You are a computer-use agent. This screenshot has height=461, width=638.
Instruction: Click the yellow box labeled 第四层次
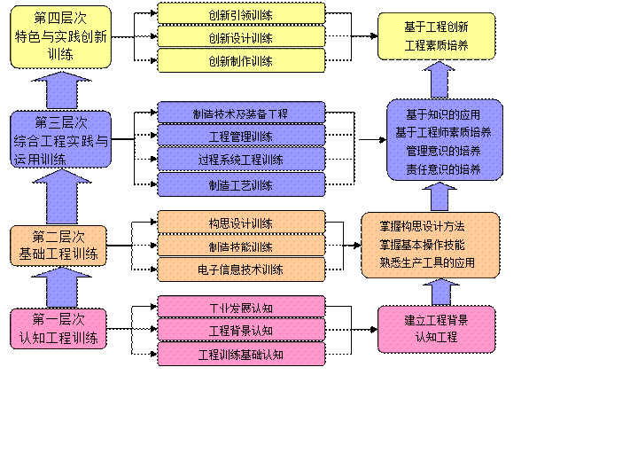point(60,37)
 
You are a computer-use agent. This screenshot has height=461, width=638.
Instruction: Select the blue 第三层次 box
point(60,140)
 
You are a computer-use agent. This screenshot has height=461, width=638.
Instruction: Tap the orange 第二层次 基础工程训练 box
point(58,246)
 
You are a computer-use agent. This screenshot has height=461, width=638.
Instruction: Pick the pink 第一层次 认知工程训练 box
point(58,328)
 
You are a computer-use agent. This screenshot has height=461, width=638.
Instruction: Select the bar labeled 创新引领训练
point(241,14)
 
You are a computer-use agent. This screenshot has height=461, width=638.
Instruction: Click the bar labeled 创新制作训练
point(241,61)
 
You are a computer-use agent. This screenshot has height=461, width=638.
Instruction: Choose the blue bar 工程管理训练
point(241,137)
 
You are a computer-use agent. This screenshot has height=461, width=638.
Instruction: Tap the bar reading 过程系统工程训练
point(241,160)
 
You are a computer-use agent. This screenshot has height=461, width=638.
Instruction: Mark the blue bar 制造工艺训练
point(241,185)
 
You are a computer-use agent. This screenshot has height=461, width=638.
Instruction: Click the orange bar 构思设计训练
point(241,223)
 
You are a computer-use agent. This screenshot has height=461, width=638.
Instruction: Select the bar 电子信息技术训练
point(241,270)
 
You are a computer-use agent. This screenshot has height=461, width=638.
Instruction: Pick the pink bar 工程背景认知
point(241,331)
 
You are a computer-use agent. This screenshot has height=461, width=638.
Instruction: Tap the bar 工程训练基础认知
point(241,355)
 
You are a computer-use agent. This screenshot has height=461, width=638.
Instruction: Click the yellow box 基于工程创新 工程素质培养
point(436,36)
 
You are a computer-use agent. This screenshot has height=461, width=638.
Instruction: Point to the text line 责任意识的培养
point(443,168)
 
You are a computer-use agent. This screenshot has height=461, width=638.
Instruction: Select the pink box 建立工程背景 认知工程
point(436,328)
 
